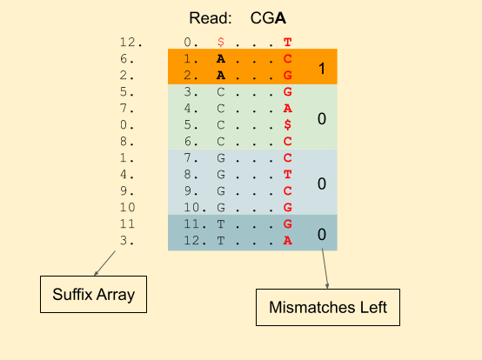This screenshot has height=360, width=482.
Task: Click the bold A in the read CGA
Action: point(280,18)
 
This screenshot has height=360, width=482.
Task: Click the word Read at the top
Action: point(210,18)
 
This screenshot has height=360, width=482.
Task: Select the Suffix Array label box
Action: point(93,294)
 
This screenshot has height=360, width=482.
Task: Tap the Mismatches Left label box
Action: point(328,307)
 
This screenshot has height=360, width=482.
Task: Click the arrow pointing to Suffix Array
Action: point(104,263)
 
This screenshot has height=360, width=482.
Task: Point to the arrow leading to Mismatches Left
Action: point(325,269)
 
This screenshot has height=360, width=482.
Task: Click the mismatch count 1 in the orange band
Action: point(322,69)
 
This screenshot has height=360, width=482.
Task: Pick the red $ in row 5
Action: point(287,124)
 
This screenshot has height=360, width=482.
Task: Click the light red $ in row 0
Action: point(221,42)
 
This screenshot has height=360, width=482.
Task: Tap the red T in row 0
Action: point(287,42)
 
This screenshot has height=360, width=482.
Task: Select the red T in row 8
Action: point(287,175)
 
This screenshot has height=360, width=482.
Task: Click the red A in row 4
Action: point(287,108)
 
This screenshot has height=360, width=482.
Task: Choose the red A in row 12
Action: point(287,241)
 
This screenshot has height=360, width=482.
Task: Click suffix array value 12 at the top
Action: point(131,42)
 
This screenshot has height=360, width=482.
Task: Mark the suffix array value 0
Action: point(127,125)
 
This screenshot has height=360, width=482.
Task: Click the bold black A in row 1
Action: point(221,58)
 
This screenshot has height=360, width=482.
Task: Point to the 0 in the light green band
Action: point(322,118)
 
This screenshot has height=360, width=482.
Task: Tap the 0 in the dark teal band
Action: point(322,235)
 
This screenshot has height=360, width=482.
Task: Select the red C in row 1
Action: point(287,58)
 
